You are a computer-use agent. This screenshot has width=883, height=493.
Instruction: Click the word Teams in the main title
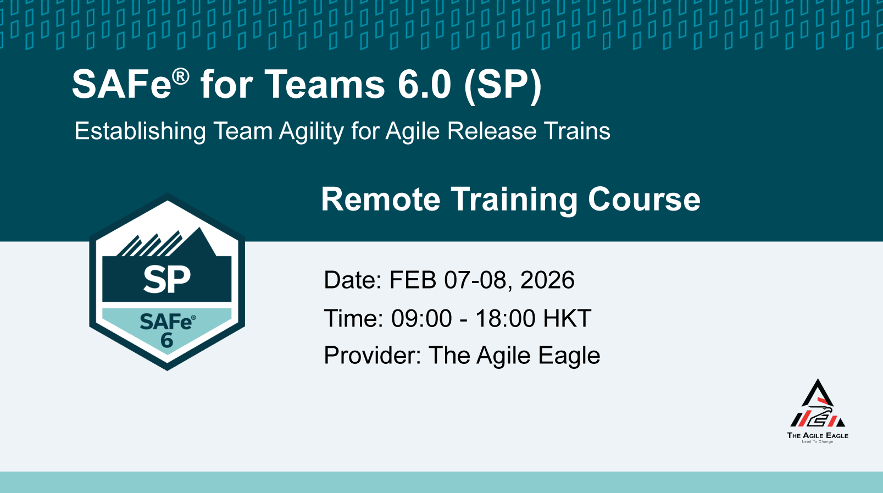tap(324, 85)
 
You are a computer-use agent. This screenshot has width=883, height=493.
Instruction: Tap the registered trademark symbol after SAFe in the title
tap(181, 76)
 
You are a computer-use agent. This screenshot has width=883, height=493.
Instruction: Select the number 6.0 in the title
tap(424, 85)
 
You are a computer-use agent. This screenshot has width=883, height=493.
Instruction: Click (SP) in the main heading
tap(503, 86)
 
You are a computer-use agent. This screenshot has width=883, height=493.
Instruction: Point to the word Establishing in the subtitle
tap(140, 132)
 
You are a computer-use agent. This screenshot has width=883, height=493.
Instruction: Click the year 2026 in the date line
tap(547, 280)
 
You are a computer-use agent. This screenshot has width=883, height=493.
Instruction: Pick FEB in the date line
tap(413, 280)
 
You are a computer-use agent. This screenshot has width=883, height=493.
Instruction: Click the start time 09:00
tap(421, 318)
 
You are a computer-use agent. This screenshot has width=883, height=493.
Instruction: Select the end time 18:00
tap(506, 318)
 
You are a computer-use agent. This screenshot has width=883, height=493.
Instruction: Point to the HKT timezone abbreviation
tap(567, 318)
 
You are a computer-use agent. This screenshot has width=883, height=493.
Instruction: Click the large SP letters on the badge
tap(166, 279)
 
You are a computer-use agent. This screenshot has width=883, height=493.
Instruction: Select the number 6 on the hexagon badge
tap(166, 340)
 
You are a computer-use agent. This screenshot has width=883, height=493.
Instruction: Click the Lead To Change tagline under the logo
tap(818, 442)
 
